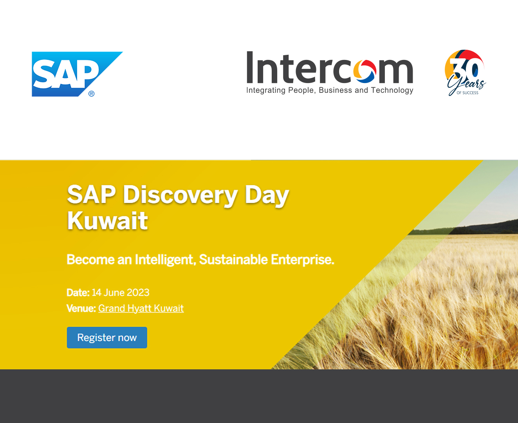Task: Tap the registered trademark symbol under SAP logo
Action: coord(91,94)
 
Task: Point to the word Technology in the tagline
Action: coord(392,90)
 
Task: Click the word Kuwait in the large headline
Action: coord(107,221)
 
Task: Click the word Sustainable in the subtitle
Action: coord(233,259)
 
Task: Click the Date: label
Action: coord(78,293)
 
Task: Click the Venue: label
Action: coord(81,308)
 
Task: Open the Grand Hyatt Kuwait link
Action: coord(141,309)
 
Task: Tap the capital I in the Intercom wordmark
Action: coord(250,67)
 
